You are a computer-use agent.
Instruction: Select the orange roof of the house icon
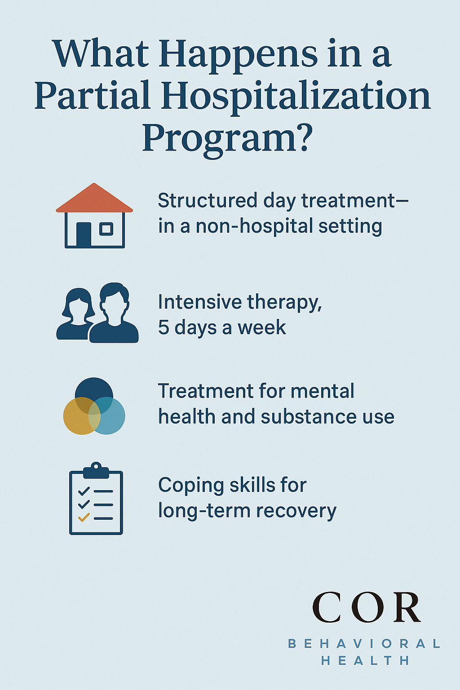point(94,198)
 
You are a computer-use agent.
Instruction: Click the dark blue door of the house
point(84,234)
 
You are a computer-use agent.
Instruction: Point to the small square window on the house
point(106,229)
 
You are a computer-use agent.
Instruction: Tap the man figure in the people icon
point(114,313)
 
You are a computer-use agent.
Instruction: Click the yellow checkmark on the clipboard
point(84,517)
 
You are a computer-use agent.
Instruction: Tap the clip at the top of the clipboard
point(96,470)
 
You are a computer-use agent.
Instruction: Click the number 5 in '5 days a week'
point(164,327)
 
